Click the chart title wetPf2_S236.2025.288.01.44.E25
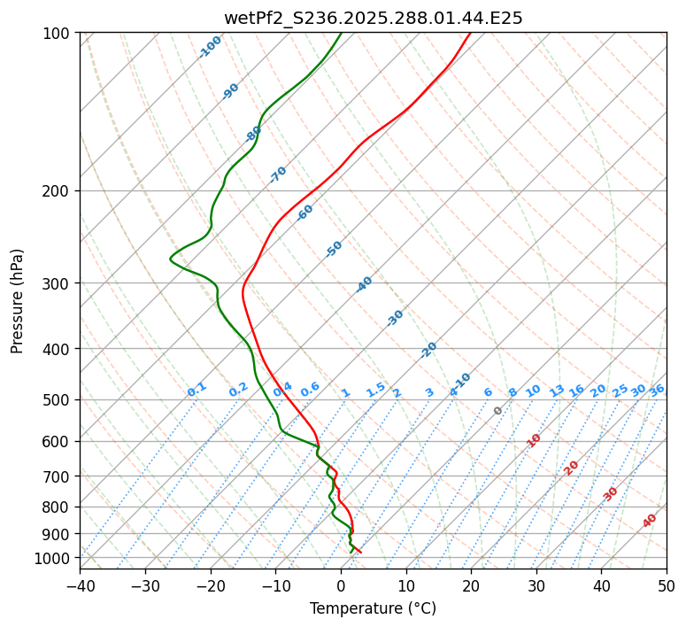point(373,18)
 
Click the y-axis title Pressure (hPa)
point(18,301)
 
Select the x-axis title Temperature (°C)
point(373,609)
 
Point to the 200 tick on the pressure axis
point(59,190)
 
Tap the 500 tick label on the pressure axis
point(59,400)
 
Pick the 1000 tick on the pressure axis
point(56,558)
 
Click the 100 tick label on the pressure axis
point(59,34)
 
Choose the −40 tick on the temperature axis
point(80,585)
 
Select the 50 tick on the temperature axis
point(667,585)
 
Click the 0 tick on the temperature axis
point(341,585)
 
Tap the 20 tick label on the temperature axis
point(471,585)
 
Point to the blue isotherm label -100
point(211,47)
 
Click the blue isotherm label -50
point(334,249)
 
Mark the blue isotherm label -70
point(278,174)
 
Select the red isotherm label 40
point(650,521)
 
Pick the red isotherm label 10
point(534,440)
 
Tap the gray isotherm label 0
point(498,411)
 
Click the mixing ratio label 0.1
point(197,390)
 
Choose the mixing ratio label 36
point(657,390)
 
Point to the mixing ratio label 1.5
point(375,390)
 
